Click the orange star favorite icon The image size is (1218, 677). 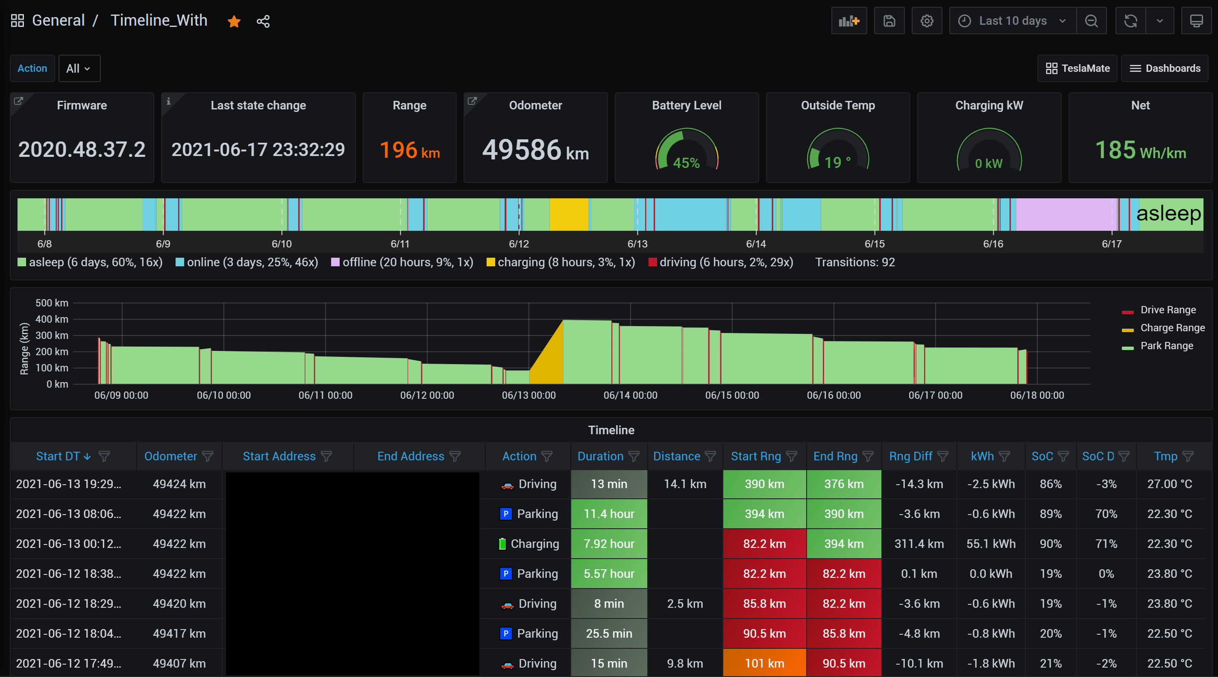tap(234, 21)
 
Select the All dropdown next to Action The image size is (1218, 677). tap(79, 68)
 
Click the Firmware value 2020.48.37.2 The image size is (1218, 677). tap(82, 150)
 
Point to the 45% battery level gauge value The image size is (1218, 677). tap(686, 163)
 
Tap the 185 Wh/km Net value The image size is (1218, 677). tap(1140, 150)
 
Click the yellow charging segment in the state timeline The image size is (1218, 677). tap(569, 214)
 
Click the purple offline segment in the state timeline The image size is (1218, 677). tap(1066, 214)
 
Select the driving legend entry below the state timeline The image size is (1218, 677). tap(721, 262)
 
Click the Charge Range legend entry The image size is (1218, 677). tap(1172, 328)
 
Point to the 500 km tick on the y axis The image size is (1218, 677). tap(52, 303)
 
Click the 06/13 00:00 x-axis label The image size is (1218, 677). tap(528, 395)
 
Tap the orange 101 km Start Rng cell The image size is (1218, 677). tap(764, 663)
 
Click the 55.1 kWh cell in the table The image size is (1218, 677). tap(991, 544)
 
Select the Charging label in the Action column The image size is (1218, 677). tap(534, 544)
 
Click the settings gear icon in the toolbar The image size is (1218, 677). tap(926, 21)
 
